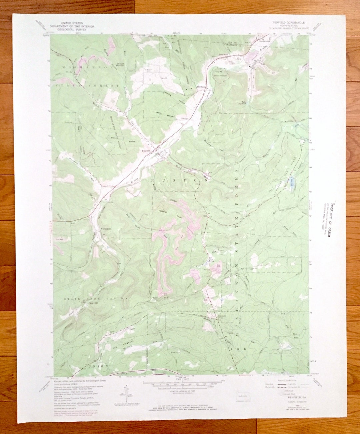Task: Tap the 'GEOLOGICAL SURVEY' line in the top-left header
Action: point(72,30)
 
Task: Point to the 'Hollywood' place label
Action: point(223,54)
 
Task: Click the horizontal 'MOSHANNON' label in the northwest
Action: point(87,67)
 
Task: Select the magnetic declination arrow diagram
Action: point(126,394)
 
